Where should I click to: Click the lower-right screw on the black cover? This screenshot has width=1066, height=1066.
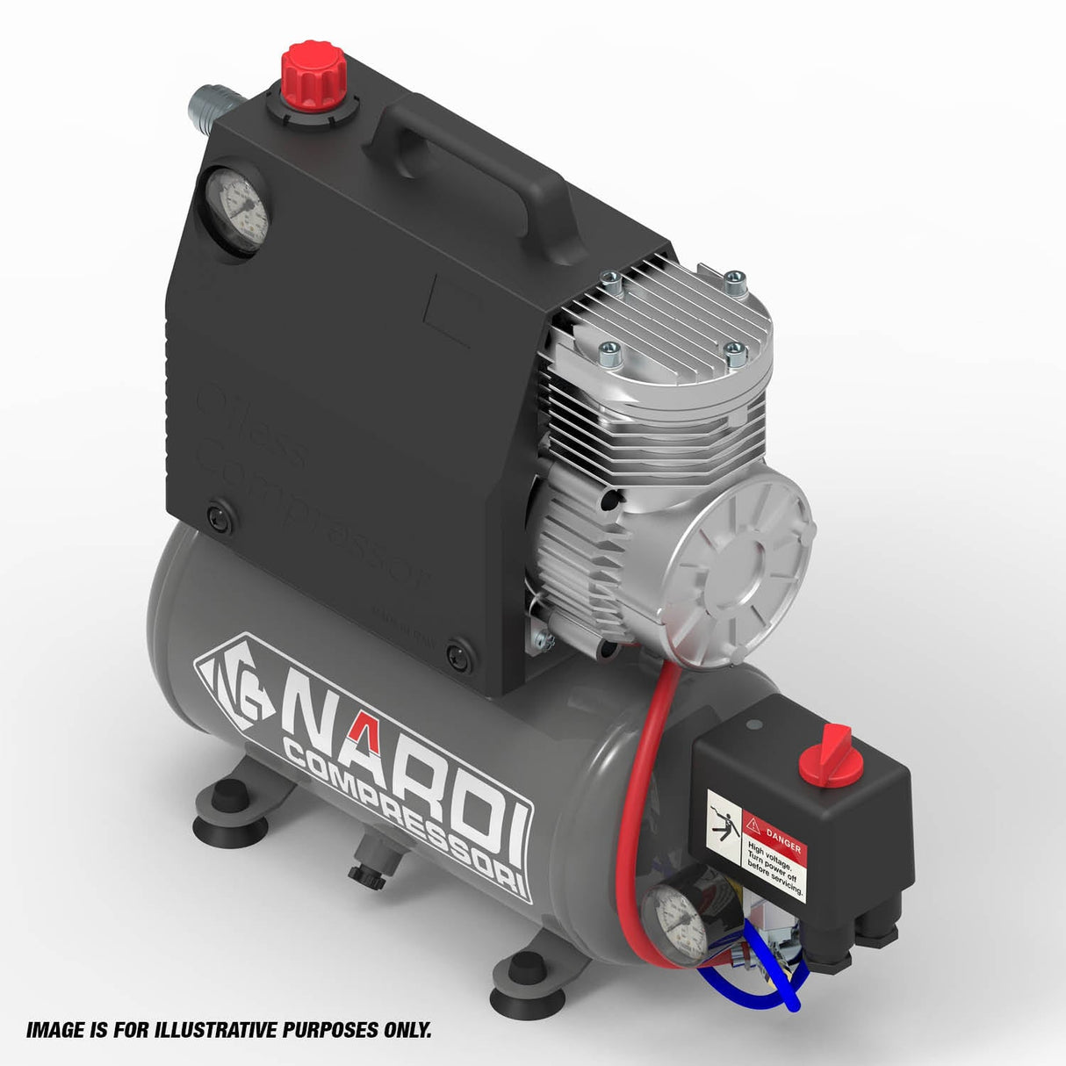[457, 655]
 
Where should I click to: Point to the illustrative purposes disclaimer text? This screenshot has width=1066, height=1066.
[228, 1029]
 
